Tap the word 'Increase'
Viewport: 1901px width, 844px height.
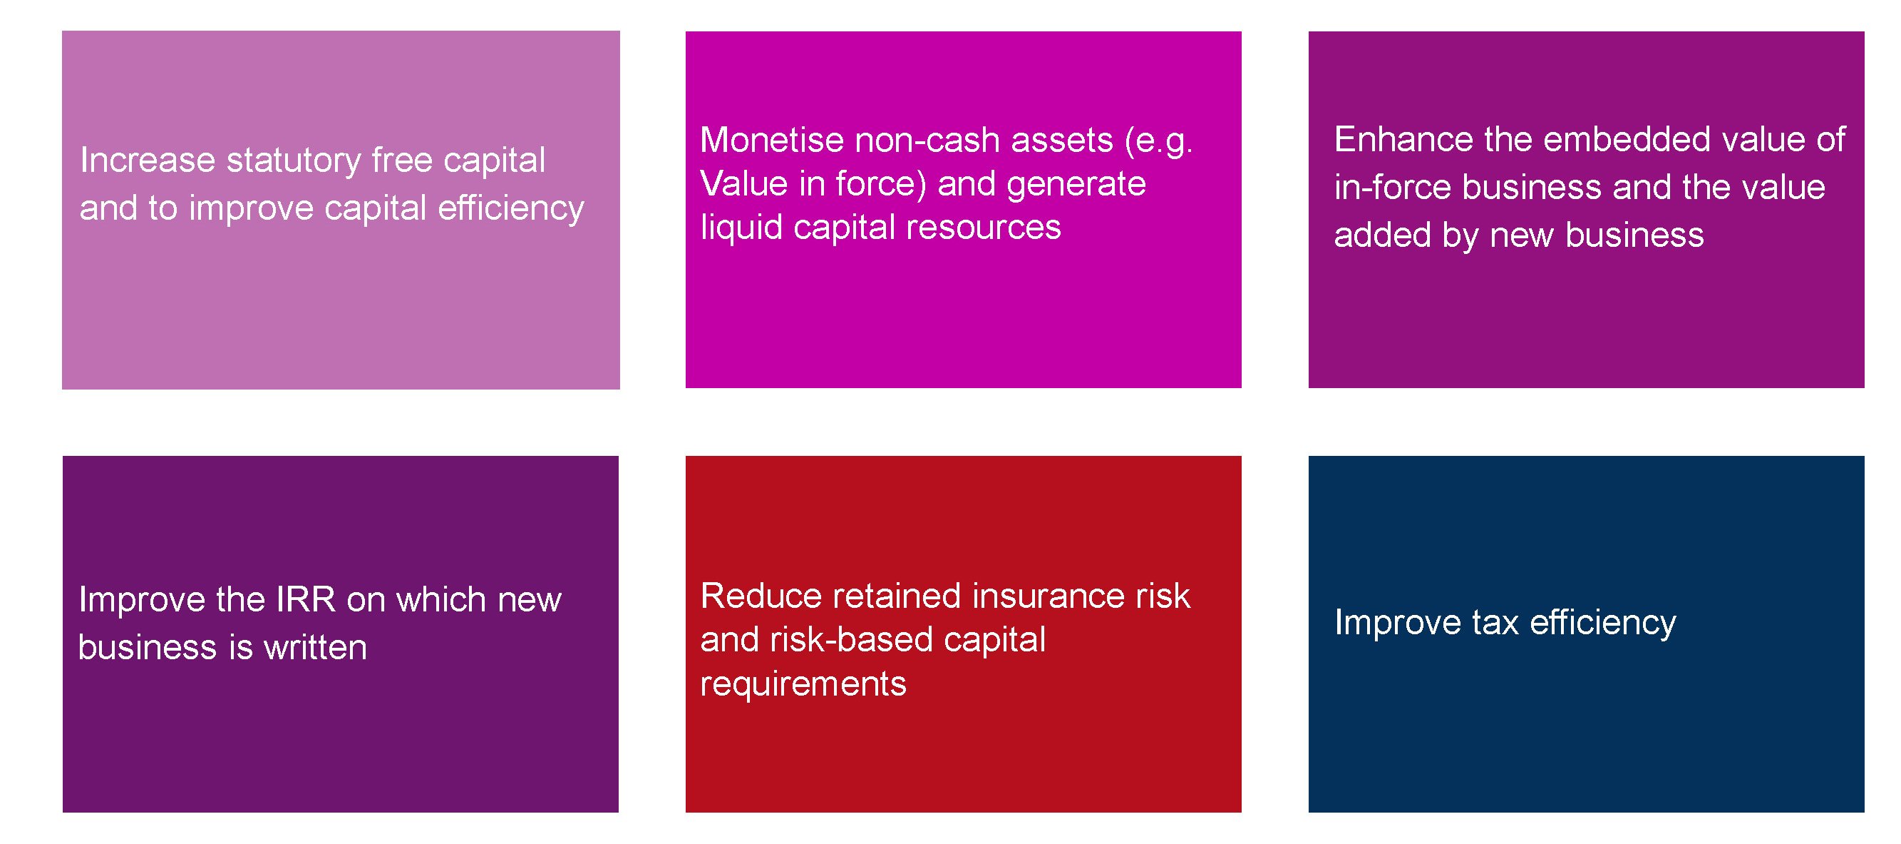(x=148, y=161)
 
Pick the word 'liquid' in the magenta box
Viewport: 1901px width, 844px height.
(x=742, y=228)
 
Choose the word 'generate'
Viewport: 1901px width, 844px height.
(x=1076, y=184)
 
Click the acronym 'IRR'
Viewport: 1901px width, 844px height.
(x=305, y=599)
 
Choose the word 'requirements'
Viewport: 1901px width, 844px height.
(x=803, y=683)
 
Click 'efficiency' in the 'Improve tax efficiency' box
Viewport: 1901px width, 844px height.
(x=1603, y=623)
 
